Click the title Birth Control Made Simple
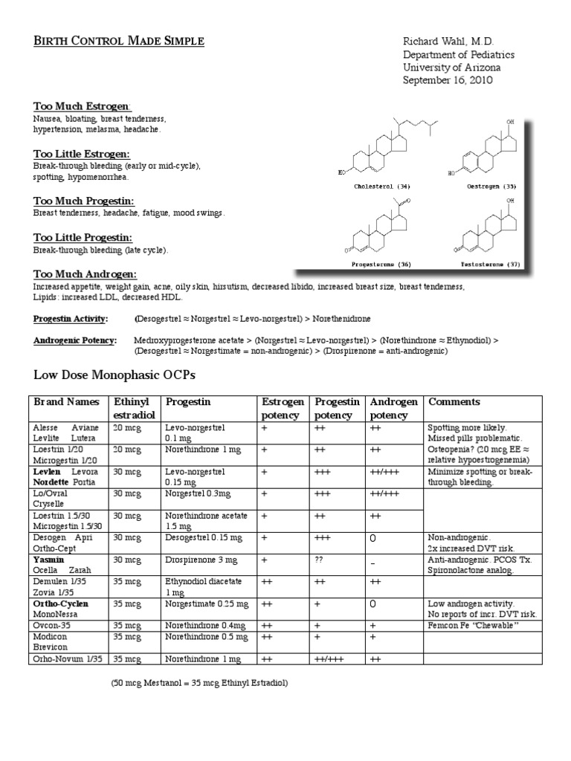click(x=119, y=41)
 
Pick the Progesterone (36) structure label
click(x=381, y=264)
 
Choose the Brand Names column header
click(x=65, y=402)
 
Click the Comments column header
click(x=454, y=402)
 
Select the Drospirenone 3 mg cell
click(x=199, y=560)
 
